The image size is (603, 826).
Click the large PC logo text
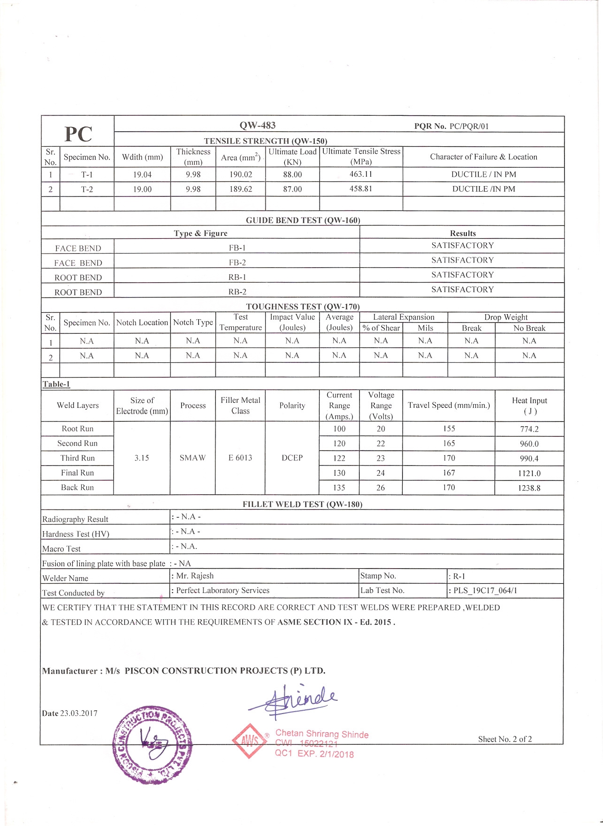[78, 134]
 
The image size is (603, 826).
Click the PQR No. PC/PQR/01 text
[451, 126]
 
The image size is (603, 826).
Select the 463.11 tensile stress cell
[360, 174]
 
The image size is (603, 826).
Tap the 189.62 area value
[240, 189]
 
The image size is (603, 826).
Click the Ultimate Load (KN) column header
[292, 157]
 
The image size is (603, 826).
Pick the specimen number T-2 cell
[87, 189]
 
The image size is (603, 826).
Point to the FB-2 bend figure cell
[237, 263]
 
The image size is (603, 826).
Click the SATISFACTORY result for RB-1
[462, 275]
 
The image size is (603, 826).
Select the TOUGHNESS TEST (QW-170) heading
[303, 307]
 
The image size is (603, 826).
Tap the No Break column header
[529, 328]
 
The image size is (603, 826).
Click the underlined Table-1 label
[56, 384]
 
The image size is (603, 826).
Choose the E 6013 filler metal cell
[240, 458]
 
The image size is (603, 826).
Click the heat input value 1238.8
[529, 488]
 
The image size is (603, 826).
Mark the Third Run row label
[77, 458]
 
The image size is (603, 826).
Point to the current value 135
[339, 488]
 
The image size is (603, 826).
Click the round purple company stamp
[153, 744]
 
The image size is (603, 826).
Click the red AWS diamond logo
[249, 741]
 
